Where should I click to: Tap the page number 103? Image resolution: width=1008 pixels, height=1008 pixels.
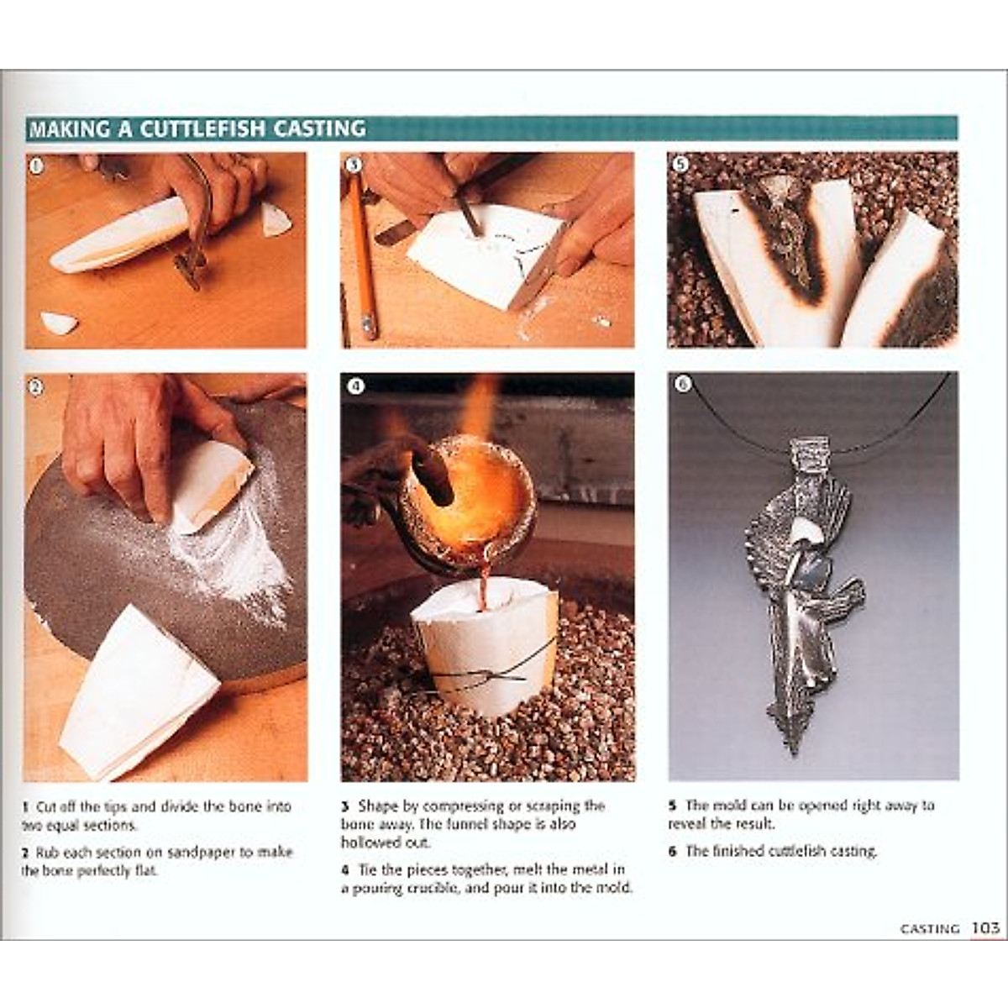985,927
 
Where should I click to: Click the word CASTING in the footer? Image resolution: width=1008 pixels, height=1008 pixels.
930,928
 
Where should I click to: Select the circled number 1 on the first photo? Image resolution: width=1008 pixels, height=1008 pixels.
35,165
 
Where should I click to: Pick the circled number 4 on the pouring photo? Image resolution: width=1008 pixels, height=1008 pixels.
355,386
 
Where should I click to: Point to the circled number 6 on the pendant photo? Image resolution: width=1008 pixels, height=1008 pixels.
682,384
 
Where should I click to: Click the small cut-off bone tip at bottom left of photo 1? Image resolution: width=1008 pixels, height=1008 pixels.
58,323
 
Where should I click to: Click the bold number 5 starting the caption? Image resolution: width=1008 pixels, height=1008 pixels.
673,806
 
